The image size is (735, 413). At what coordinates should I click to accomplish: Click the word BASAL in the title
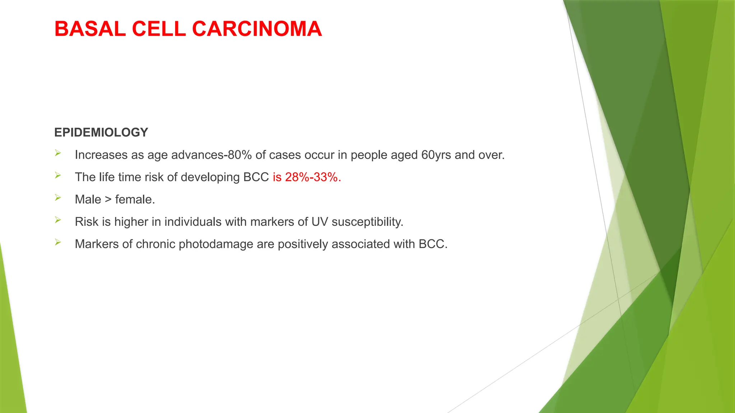click(90, 29)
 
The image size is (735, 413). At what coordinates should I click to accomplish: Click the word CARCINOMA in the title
click(257, 29)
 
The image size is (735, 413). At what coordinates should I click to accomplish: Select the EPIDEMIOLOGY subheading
click(101, 132)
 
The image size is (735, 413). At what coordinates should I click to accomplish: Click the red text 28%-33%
click(313, 177)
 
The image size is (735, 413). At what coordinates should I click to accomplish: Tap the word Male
click(88, 199)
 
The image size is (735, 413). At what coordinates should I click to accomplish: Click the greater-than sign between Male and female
click(108, 199)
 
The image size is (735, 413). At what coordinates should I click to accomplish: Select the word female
click(135, 199)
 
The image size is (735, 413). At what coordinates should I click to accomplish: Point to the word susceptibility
click(367, 222)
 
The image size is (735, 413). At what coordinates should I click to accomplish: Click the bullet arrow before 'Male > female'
click(58, 198)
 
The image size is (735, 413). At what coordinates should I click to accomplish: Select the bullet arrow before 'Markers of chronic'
click(58, 242)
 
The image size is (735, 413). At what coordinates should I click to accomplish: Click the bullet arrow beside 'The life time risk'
click(58, 175)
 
